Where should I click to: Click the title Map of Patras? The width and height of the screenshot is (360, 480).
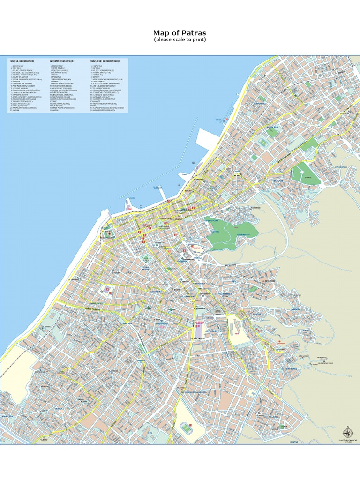pos(180,33)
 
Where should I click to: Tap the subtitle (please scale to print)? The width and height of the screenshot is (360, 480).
pos(180,40)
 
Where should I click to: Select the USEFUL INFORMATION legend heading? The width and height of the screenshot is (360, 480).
pos(22,61)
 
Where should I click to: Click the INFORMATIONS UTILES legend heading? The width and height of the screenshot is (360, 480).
pos(61,61)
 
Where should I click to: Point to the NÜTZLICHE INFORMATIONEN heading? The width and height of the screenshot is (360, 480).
pos(108,61)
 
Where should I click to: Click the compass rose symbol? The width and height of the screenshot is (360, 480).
pos(348,433)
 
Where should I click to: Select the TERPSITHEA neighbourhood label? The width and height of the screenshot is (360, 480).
pos(260,103)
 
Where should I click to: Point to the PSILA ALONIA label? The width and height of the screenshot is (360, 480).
pos(146,269)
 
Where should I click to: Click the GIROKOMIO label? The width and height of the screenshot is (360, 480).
pos(291,368)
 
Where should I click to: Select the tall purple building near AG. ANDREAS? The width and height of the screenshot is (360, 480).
pos(197,330)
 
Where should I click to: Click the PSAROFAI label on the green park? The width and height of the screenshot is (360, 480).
pos(213,220)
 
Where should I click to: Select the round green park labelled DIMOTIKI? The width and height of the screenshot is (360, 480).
pos(307,177)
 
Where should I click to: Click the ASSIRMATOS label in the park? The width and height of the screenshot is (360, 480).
pos(243,234)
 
